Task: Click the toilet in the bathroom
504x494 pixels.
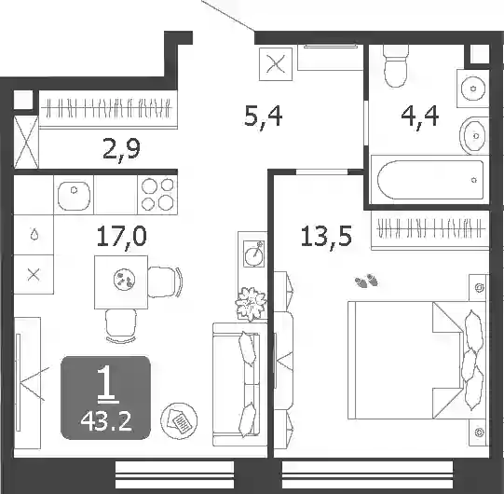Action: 396,66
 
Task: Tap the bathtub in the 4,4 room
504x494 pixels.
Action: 430,180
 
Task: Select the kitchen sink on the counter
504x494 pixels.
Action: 74,196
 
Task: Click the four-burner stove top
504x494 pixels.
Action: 157,194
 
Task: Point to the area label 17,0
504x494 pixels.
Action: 121,237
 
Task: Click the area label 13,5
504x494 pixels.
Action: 326,237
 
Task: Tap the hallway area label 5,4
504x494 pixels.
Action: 264,117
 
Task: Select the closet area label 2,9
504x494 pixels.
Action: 121,150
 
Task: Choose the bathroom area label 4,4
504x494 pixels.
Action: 420,117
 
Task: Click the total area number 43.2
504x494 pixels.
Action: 106,421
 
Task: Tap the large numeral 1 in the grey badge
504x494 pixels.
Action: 107,385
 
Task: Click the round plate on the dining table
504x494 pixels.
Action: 124,280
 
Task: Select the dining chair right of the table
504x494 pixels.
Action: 165,282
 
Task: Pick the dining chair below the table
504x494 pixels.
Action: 121,325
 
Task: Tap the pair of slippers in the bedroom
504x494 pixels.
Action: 366,281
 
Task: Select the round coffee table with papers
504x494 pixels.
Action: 179,421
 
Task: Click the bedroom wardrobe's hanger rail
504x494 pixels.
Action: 430,228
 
